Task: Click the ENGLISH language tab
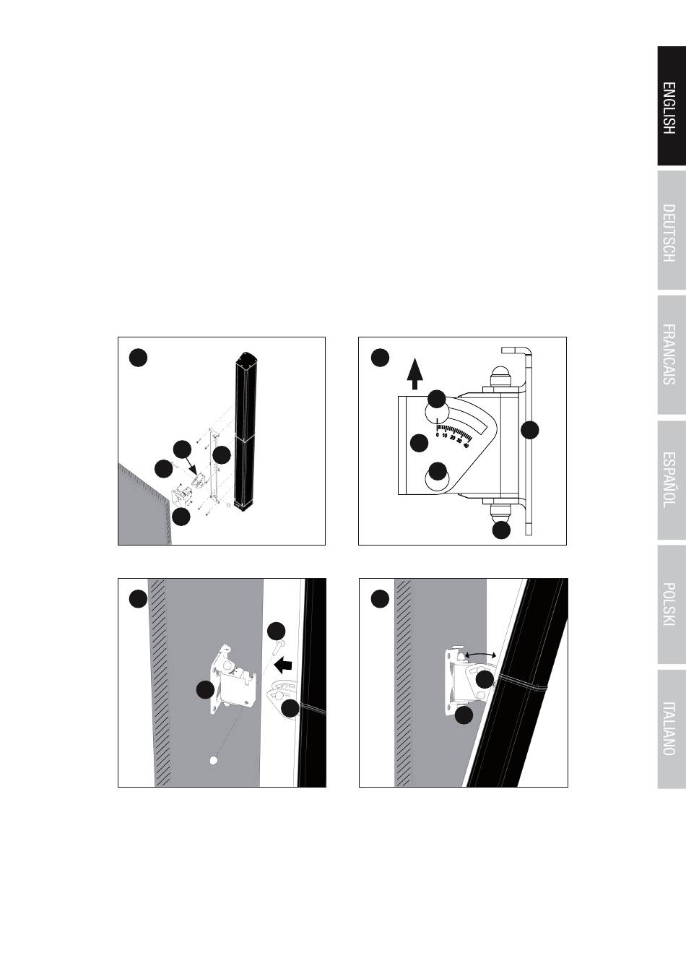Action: (x=672, y=106)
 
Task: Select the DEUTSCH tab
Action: (x=672, y=230)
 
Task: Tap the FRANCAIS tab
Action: (x=672, y=355)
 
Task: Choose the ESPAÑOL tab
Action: (x=672, y=480)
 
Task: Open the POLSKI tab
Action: (x=672, y=604)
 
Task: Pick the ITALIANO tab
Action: (x=672, y=729)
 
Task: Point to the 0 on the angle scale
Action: (x=438, y=434)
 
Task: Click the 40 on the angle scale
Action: (x=466, y=445)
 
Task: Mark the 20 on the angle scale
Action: (x=452, y=438)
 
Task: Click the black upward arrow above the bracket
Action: (x=415, y=374)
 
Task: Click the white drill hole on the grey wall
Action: (x=213, y=761)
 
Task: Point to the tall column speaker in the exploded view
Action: (x=245, y=432)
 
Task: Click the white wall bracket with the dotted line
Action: (x=233, y=680)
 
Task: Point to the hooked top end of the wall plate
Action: (x=516, y=351)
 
